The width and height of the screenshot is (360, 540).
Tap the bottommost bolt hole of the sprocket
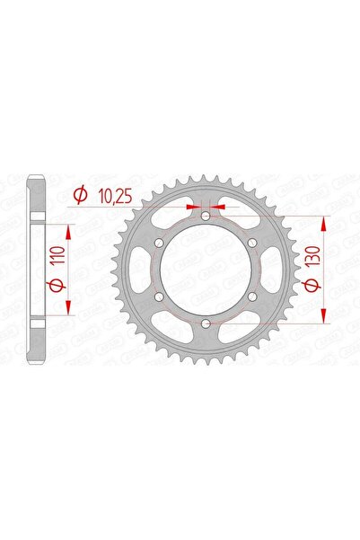coord(206,322)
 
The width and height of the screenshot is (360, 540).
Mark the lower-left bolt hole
coord(160,296)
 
